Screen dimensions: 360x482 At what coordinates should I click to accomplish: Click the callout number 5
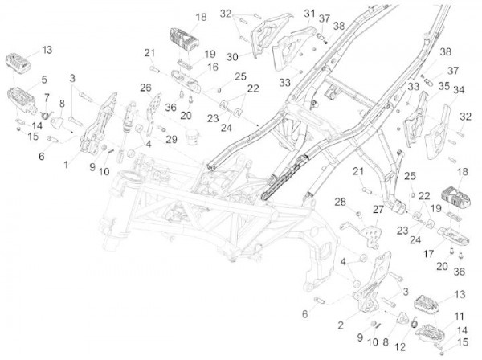(x=44, y=80)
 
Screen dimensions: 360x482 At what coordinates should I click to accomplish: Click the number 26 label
(x=145, y=87)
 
